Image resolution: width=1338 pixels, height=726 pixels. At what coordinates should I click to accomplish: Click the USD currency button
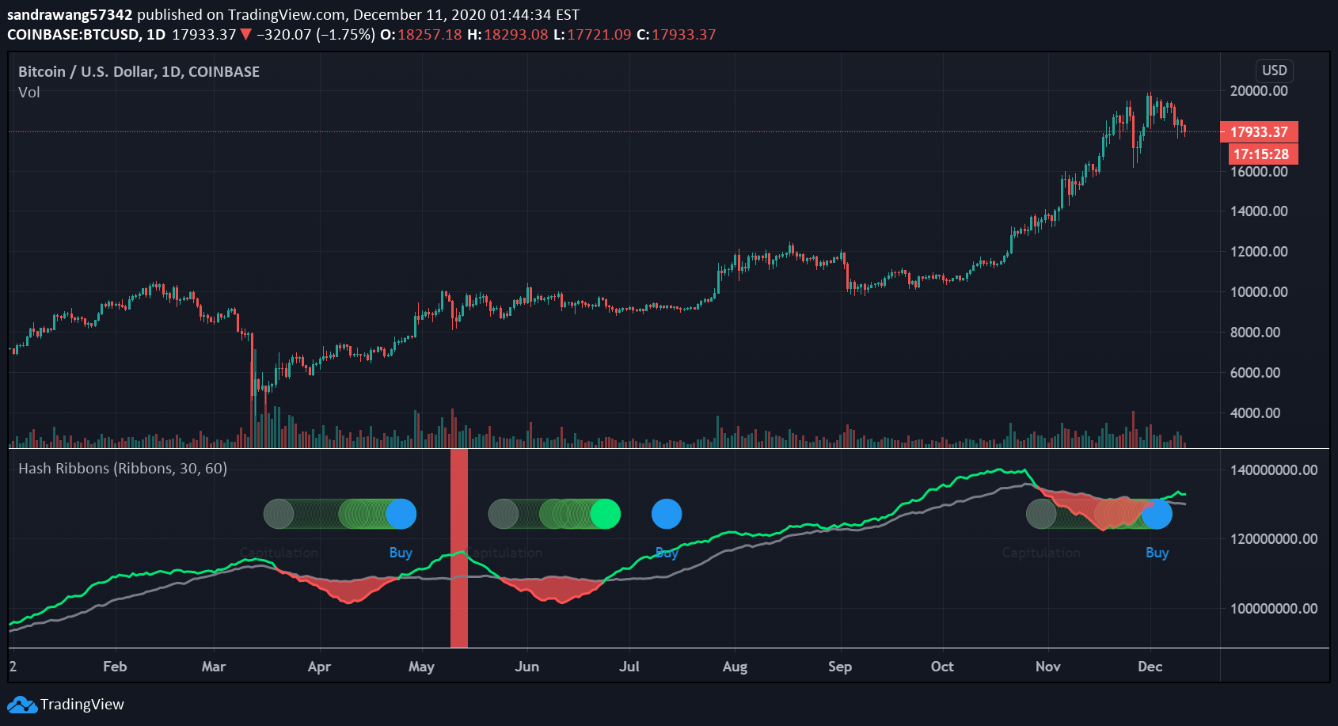[x=1274, y=70]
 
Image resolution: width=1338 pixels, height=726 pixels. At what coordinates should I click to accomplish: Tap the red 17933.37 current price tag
[x=1259, y=132]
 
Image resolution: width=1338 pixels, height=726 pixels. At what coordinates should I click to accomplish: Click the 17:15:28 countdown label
[x=1261, y=154]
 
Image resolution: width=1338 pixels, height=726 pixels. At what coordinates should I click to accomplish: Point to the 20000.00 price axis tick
[x=1259, y=91]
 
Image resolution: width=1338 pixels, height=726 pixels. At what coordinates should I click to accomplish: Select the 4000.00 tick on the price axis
[x=1255, y=413]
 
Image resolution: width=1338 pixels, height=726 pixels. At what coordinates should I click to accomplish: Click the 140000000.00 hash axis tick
[x=1274, y=470]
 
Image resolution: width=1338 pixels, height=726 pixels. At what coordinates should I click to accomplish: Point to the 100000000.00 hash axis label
[x=1274, y=609]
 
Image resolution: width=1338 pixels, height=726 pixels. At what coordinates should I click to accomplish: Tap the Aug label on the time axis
[x=735, y=667]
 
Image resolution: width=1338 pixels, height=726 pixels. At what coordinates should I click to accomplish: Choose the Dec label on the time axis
[x=1150, y=667]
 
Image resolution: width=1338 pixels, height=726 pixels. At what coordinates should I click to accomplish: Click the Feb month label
[x=115, y=667]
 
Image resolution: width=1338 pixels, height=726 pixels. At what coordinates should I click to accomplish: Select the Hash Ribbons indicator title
[x=123, y=469]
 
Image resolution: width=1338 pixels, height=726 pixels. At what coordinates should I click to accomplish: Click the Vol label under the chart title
[x=29, y=93]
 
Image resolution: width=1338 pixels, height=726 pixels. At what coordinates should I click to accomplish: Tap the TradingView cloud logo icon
[x=22, y=704]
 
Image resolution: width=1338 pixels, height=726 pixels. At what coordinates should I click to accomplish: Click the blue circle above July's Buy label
[x=667, y=514]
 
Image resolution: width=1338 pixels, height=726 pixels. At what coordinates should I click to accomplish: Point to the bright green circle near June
[x=606, y=514]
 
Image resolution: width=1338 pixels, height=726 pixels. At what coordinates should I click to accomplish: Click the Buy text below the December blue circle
[x=1157, y=553]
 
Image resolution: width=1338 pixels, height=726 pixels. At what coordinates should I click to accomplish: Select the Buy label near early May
[x=401, y=553]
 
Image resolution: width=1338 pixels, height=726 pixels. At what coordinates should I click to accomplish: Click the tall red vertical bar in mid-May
[x=459, y=548]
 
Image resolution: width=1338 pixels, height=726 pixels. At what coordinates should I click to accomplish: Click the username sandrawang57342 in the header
[x=70, y=15]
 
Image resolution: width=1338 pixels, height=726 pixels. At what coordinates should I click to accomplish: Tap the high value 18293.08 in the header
[x=515, y=35]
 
